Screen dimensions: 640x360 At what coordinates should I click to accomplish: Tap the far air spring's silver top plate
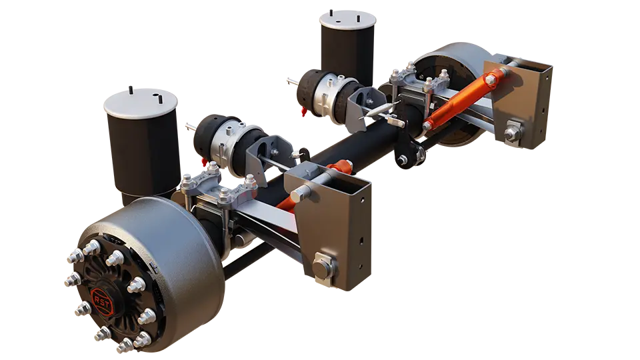(x=348, y=19)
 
